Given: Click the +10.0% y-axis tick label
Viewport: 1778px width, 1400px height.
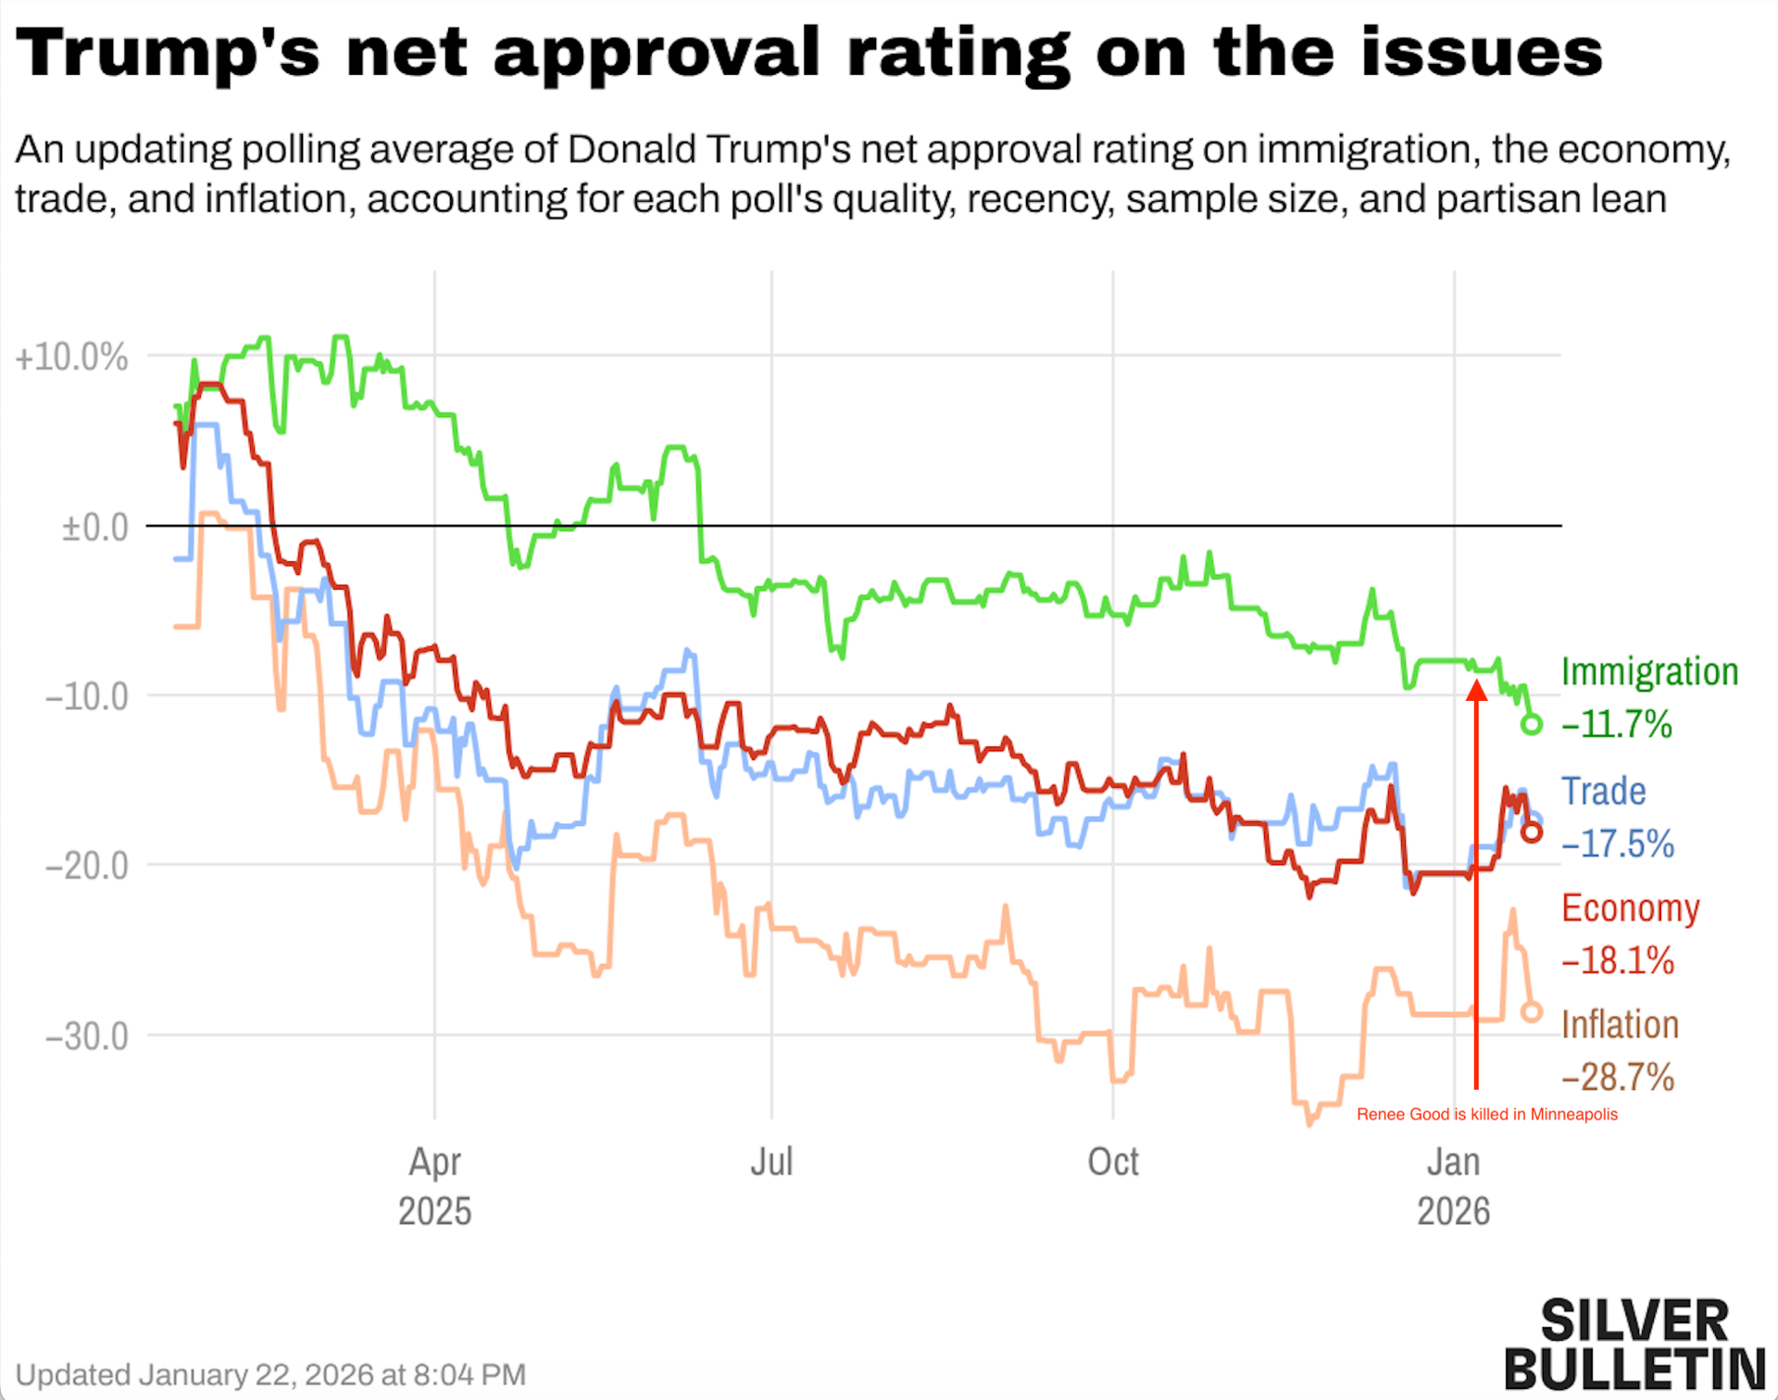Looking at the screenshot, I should (71, 357).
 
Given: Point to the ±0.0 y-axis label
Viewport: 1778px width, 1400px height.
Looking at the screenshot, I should (94, 528).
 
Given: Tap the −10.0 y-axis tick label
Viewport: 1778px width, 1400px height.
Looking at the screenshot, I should (87, 696).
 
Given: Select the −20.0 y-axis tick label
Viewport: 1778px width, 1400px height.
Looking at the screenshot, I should (87, 867).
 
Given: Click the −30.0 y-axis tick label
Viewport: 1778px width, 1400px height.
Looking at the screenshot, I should (87, 1036).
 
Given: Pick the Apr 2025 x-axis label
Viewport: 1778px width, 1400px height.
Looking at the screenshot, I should (434, 1186).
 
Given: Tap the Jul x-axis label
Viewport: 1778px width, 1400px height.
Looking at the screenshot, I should (771, 1162).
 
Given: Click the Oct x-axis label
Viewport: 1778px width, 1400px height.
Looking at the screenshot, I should (1112, 1162).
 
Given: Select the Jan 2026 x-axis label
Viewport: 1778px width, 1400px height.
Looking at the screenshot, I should (1453, 1186).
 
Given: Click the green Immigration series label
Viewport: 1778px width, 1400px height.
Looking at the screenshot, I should (1649, 672).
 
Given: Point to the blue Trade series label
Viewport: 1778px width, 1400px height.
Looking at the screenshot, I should (1604, 792).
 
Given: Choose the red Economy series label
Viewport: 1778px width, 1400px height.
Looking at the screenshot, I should (1631, 908).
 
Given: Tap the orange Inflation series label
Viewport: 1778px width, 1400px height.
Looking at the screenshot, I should (1620, 1025).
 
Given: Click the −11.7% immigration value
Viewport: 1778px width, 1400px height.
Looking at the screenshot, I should (1617, 724).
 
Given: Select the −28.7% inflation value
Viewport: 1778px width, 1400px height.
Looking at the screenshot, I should (1618, 1078).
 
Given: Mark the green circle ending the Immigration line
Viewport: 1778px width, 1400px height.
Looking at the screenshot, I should (1532, 724).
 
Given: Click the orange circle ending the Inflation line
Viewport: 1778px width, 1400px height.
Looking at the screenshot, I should (1532, 1012).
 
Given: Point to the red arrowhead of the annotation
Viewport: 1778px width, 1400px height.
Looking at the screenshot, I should (1477, 691).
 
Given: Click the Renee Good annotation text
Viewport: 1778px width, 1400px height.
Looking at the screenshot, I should (1486, 1115).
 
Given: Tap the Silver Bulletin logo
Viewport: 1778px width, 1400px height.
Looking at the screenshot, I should (1634, 1345).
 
